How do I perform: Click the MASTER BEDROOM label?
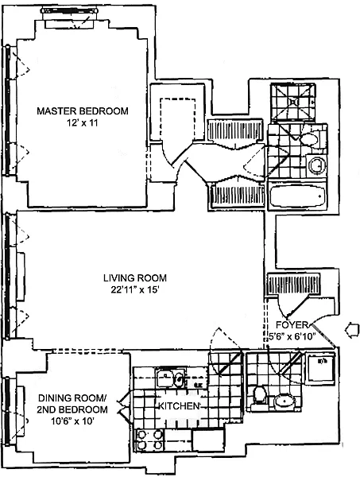[83, 111]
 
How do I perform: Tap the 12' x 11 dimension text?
[82, 123]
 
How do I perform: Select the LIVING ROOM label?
[135, 277]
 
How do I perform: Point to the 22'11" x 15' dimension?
[135, 290]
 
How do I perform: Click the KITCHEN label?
[179, 405]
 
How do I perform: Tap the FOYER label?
[292, 324]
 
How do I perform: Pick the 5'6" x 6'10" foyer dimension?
[292, 336]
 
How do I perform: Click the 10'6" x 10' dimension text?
[72, 421]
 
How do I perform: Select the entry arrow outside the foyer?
[352, 330]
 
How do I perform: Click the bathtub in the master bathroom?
[297, 196]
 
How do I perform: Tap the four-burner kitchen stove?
[149, 440]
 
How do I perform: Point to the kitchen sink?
[171, 378]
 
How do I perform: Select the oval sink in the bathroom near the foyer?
[285, 401]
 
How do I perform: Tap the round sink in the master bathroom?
[316, 165]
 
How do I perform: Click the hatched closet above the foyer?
[293, 284]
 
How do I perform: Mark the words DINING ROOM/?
[72, 397]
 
